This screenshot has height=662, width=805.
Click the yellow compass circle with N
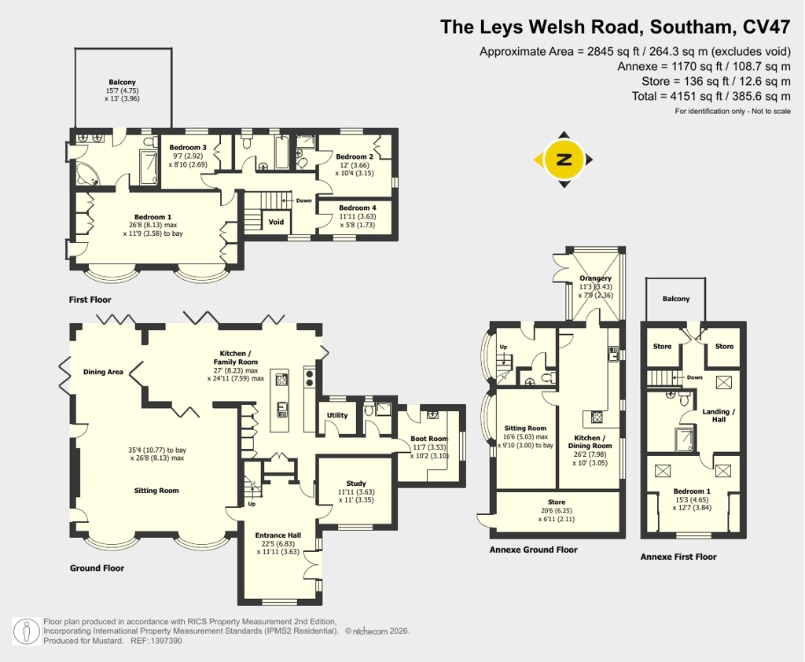click(x=564, y=159)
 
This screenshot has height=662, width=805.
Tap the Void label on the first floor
click(x=276, y=222)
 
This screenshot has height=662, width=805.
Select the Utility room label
click(x=337, y=415)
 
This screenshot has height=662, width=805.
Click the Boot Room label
click(x=429, y=439)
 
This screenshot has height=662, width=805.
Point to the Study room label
click(x=356, y=484)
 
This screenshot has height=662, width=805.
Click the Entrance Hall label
click(x=278, y=535)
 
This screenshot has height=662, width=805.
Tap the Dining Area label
click(x=103, y=372)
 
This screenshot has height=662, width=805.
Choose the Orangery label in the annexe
click(x=596, y=278)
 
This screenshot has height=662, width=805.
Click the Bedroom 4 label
click(x=358, y=208)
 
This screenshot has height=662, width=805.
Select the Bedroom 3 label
click(x=188, y=147)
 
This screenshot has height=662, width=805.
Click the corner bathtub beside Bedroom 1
click(x=88, y=174)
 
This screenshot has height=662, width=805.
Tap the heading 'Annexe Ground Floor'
click(x=534, y=550)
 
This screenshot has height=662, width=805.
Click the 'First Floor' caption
click(x=90, y=300)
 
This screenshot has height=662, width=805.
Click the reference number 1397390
click(x=166, y=641)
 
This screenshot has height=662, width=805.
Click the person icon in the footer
click(x=27, y=631)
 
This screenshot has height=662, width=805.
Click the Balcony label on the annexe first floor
click(x=675, y=299)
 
